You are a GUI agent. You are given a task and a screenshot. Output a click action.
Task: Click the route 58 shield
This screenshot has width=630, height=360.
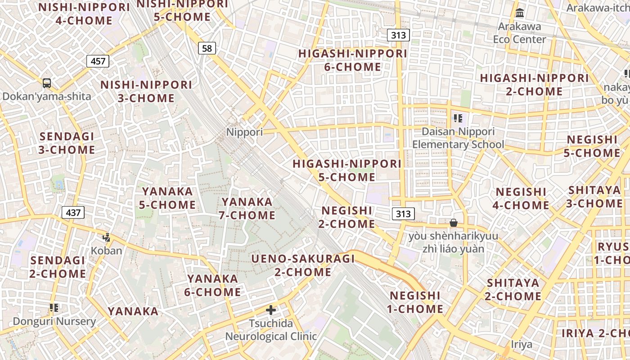(x=207, y=48)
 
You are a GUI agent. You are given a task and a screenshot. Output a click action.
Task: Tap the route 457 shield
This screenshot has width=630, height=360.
(x=98, y=61)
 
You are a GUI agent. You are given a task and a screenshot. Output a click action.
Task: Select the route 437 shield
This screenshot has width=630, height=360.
(x=73, y=212)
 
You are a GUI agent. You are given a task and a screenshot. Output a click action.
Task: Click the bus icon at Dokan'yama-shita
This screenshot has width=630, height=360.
(x=47, y=83)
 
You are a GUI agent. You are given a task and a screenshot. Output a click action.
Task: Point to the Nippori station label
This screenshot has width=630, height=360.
(x=244, y=132)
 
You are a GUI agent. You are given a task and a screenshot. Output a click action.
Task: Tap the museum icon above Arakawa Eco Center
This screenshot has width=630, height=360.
(x=520, y=13)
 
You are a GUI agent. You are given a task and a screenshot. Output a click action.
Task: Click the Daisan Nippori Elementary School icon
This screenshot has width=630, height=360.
(x=458, y=118)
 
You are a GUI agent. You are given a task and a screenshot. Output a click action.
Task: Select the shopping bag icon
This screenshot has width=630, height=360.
(x=454, y=223)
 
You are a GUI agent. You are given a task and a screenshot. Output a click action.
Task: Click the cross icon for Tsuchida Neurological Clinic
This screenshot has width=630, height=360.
(x=271, y=310)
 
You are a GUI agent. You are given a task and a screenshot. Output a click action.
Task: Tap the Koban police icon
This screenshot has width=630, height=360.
(x=107, y=237)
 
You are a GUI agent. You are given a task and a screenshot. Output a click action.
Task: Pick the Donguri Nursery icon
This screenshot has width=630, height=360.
(x=54, y=308)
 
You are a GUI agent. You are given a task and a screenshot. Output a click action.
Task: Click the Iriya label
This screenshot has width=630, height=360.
(x=522, y=345)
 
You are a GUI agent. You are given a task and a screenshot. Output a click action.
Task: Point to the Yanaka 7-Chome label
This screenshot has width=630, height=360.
(x=247, y=208)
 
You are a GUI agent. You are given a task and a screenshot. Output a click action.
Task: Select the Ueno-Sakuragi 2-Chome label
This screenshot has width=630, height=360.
(x=303, y=265)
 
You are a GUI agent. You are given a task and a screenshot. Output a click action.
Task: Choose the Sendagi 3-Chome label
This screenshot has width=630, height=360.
(x=67, y=143)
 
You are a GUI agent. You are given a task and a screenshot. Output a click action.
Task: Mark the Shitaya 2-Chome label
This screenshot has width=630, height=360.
(x=513, y=289)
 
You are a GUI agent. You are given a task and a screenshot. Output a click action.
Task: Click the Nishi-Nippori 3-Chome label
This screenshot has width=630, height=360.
(x=146, y=91)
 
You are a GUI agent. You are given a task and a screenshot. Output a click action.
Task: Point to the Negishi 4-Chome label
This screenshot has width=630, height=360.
(x=522, y=198)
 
